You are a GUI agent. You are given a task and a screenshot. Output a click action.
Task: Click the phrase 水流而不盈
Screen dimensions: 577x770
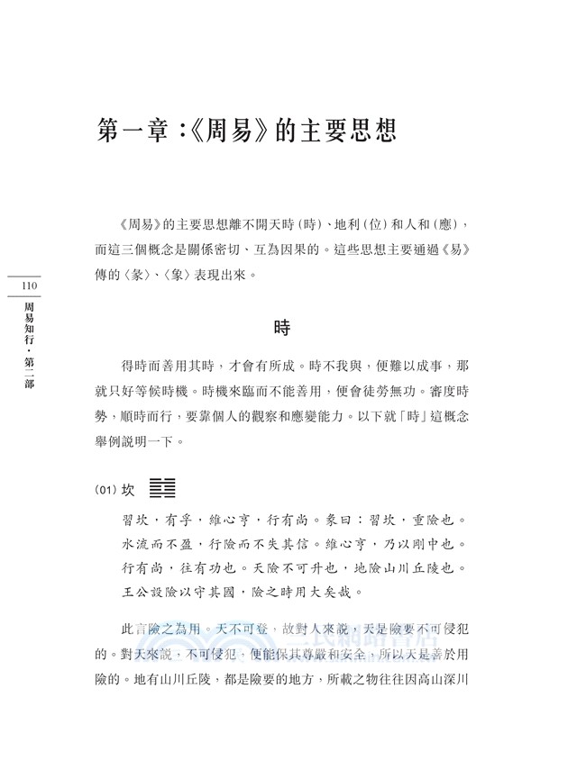[160, 544]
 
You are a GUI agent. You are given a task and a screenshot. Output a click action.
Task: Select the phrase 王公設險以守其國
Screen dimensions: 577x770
[187, 592]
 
